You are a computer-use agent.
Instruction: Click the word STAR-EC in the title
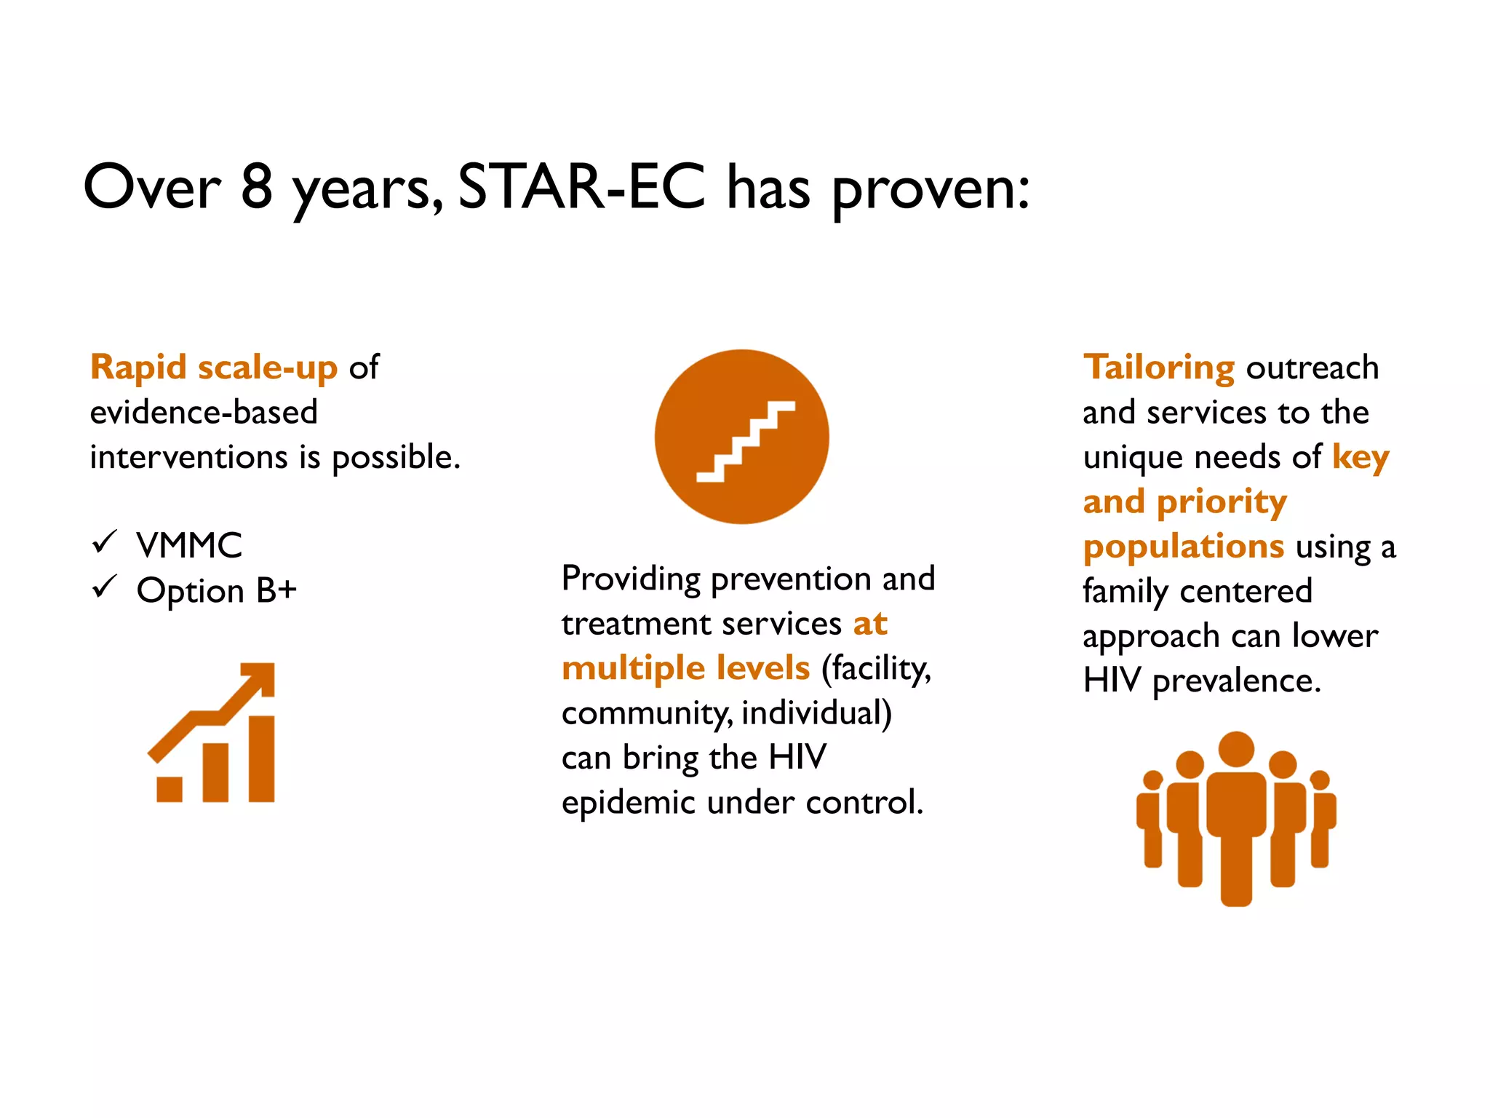pyautogui.click(x=581, y=187)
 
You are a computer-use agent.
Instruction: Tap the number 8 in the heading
pyautogui.click(x=256, y=187)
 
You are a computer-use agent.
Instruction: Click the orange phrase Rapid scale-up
pyautogui.click(x=214, y=367)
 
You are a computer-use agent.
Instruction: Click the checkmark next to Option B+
pyautogui.click(x=105, y=587)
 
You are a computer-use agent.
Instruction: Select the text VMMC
pyautogui.click(x=189, y=545)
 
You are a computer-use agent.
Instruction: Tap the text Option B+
pyautogui.click(x=216, y=590)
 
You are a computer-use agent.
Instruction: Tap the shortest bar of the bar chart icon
pyautogui.click(x=170, y=789)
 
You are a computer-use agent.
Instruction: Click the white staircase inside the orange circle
pyautogui.click(x=745, y=441)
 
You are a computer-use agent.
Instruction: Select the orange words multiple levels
pyautogui.click(x=685, y=668)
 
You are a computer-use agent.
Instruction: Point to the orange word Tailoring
pyautogui.click(x=1158, y=367)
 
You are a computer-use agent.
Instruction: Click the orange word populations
pyautogui.click(x=1183, y=547)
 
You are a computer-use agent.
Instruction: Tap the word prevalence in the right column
pyautogui.click(x=1236, y=681)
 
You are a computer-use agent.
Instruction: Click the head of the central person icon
pyautogui.click(x=1236, y=750)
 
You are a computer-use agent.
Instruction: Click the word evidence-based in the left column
pyautogui.click(x=204, y=412)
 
